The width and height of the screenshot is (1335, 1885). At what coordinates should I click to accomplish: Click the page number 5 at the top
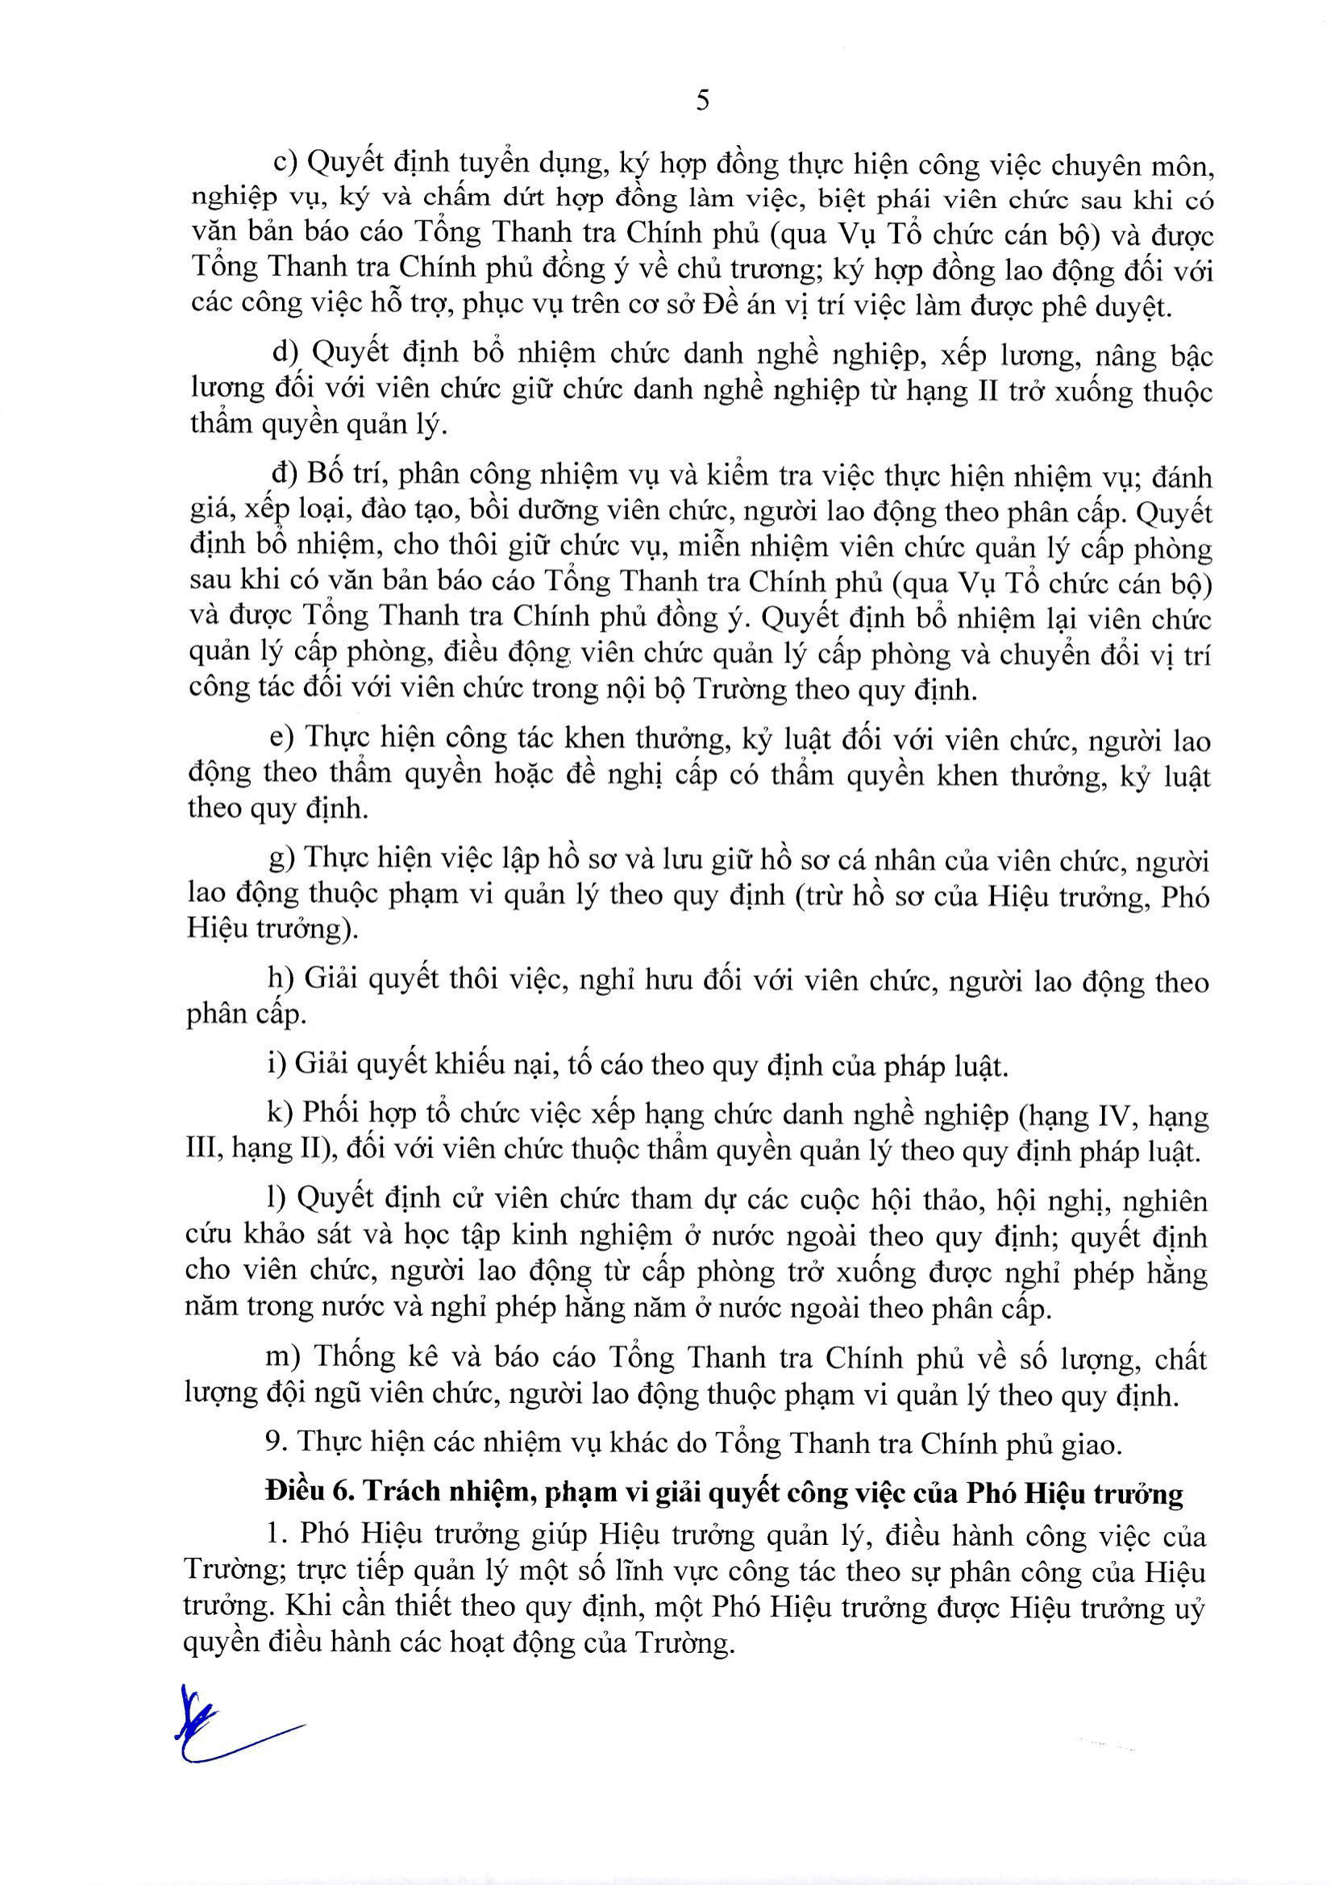(x=702, y=101)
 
